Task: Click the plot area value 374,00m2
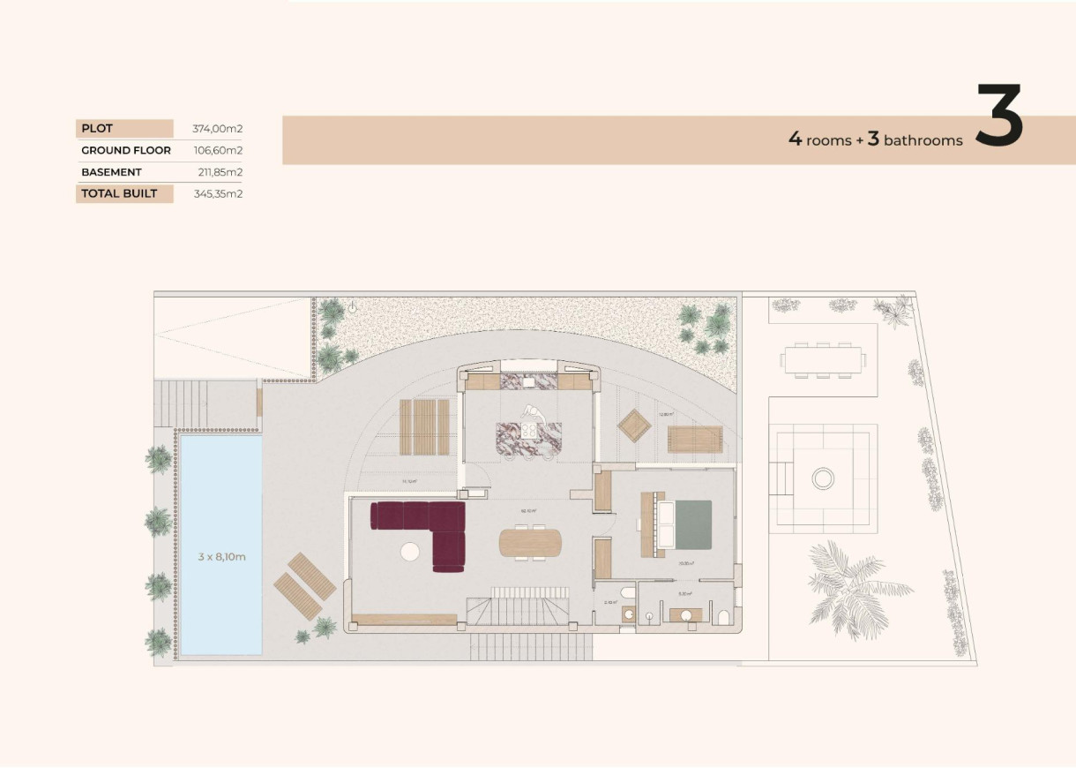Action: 217,129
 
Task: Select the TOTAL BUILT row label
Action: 119,193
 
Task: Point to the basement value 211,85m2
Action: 220,172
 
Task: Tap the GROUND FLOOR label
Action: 126,150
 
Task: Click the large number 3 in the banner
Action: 998,116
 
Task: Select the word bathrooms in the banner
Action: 923,140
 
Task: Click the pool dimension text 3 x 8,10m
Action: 221,556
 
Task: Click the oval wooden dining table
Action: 530,542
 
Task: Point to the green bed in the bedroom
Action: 692,524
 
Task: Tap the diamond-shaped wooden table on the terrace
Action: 634,426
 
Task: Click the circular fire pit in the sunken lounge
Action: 822,478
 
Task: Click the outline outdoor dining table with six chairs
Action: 822,359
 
